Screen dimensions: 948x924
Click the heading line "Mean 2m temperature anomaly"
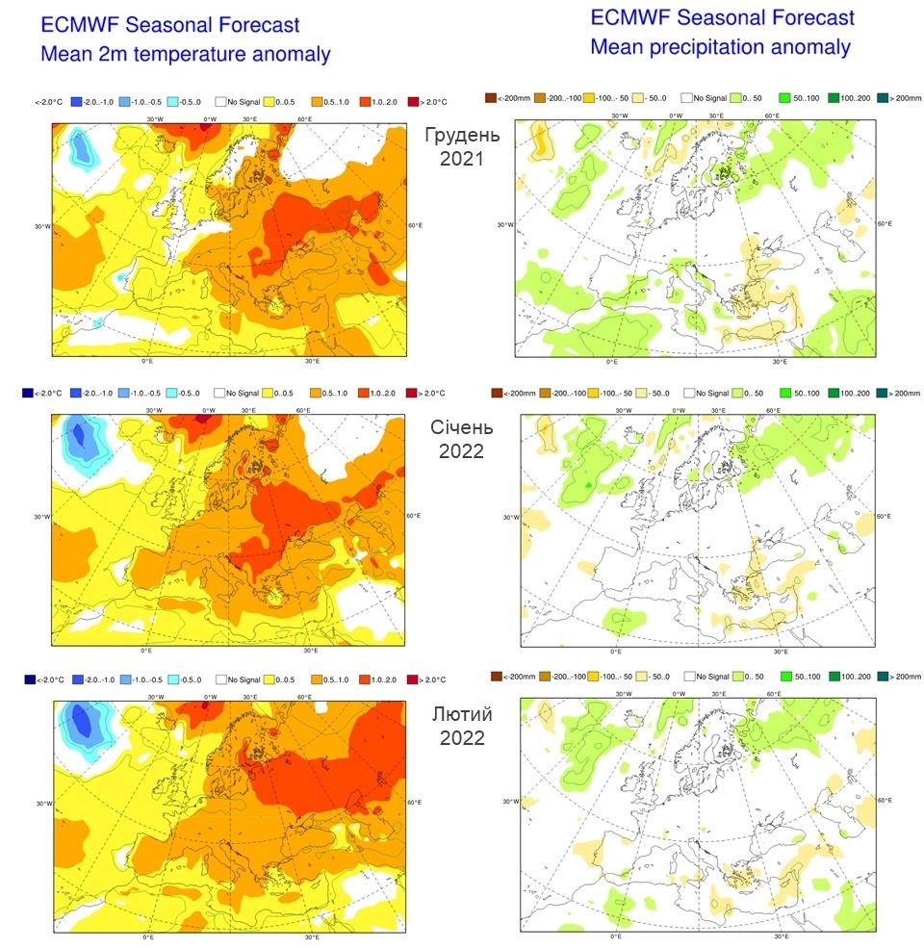pyautogui.click(x=185, y=55)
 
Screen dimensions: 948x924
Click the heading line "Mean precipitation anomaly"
pyautogui.click(x=720, y=46)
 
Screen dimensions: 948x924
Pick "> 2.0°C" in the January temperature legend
pyautogui.click(x=426, y=393)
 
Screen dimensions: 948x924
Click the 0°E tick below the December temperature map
pyautogui.click(x=147, y=361)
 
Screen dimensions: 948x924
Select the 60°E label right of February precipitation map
pyautogui.click(x=883, y=801)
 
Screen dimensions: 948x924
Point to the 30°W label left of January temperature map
pyautogui.click(x=42, y=517)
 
